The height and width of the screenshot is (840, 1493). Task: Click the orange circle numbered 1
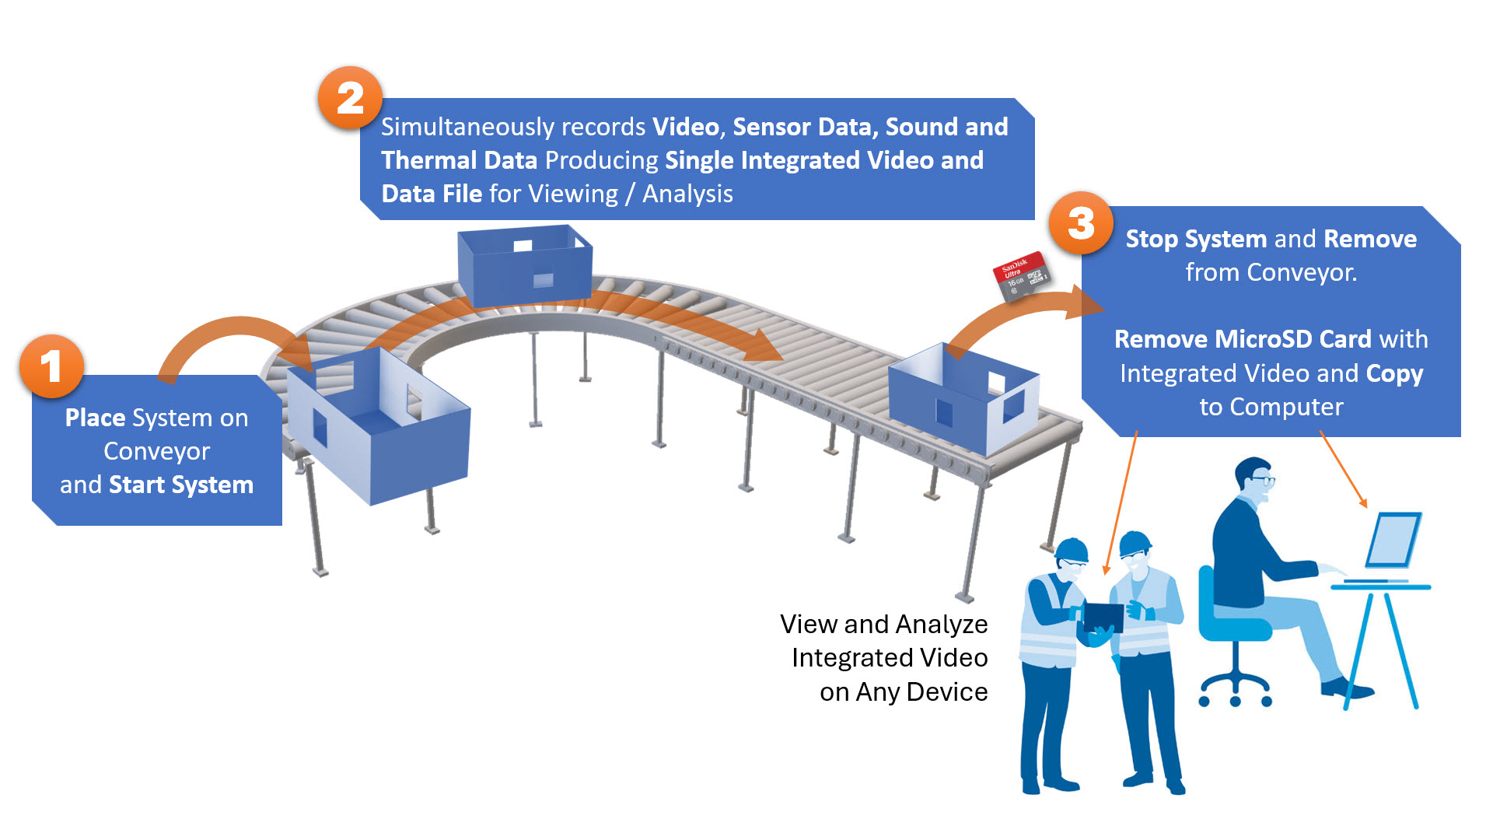pyautogui.click(x=51, y=366)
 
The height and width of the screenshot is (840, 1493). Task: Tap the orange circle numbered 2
pyautogui.click(x=350, y=99)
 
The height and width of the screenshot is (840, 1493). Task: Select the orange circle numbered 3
pyautogui.click(x=1081, y=224)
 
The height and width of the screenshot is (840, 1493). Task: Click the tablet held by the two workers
pyautogui.click(x=1103, y=618)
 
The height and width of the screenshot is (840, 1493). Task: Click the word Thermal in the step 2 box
pyautogui.click(x=428, y=160)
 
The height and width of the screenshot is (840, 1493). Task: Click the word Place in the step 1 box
pyautogui.click(x=95, y=418)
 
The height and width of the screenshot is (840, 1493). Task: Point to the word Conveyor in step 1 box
pyautogui.click(x=156, y=451)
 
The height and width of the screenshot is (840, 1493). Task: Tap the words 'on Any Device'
pyautogui.click(x=903, y=691)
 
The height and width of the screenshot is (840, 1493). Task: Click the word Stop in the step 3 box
pyautogui.click(x=1152, y=239)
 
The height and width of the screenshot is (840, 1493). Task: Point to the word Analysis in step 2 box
pyautogui.click(x=687, y=194)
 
